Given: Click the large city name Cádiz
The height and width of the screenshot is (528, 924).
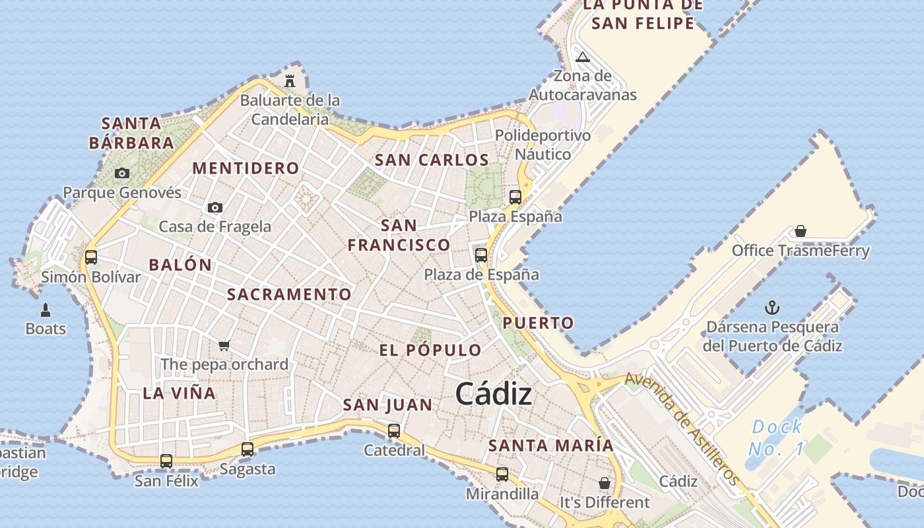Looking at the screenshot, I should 494,394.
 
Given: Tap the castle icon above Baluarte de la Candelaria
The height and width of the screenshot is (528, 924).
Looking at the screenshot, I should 290,81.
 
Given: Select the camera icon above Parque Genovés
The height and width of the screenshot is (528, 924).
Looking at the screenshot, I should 122,174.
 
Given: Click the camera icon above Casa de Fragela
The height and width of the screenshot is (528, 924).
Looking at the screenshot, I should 214,208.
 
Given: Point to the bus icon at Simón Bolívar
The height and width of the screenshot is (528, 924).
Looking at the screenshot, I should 91,257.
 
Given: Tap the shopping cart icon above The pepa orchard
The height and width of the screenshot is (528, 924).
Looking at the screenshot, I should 224,345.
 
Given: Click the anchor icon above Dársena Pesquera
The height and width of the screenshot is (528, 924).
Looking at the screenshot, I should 772,308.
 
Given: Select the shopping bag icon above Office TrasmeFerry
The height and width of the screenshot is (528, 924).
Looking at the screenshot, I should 801,231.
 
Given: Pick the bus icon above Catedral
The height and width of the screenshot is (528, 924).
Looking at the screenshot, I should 394,431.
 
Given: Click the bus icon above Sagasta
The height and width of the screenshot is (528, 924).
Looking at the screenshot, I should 247,449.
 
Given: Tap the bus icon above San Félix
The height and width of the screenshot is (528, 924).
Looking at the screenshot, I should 166,461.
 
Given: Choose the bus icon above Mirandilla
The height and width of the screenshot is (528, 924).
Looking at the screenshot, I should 502,474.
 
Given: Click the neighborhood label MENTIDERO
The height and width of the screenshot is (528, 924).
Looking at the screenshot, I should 246,168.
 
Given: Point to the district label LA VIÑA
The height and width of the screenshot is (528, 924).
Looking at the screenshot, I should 180,393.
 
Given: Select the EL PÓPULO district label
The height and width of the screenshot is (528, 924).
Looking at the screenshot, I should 430,350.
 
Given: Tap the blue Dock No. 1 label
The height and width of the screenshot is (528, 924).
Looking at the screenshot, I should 777,438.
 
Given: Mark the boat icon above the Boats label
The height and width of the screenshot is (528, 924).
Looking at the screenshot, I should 46,310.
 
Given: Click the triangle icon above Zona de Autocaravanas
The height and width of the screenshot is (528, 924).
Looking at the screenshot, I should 582,57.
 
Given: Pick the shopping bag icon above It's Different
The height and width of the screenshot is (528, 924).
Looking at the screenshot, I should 604,483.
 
